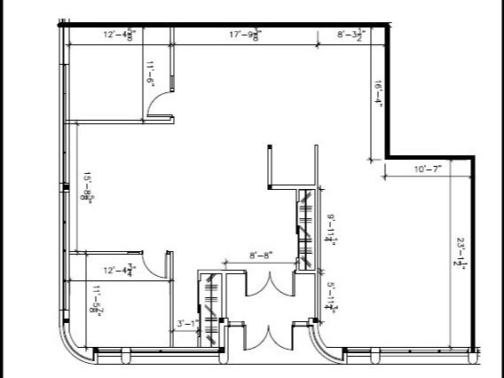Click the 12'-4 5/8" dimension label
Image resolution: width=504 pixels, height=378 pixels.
click(x=119, y=35)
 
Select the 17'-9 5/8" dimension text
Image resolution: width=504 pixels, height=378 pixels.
click(x=245, y=35)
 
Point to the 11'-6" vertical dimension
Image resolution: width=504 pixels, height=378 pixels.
click(x=151, y=72)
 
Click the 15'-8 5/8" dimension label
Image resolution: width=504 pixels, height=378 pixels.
click(x=88, y=187)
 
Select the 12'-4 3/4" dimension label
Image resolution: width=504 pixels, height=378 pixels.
click(x=119, y=270)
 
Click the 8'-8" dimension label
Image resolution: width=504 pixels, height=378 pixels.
click(x=260, y=256)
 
